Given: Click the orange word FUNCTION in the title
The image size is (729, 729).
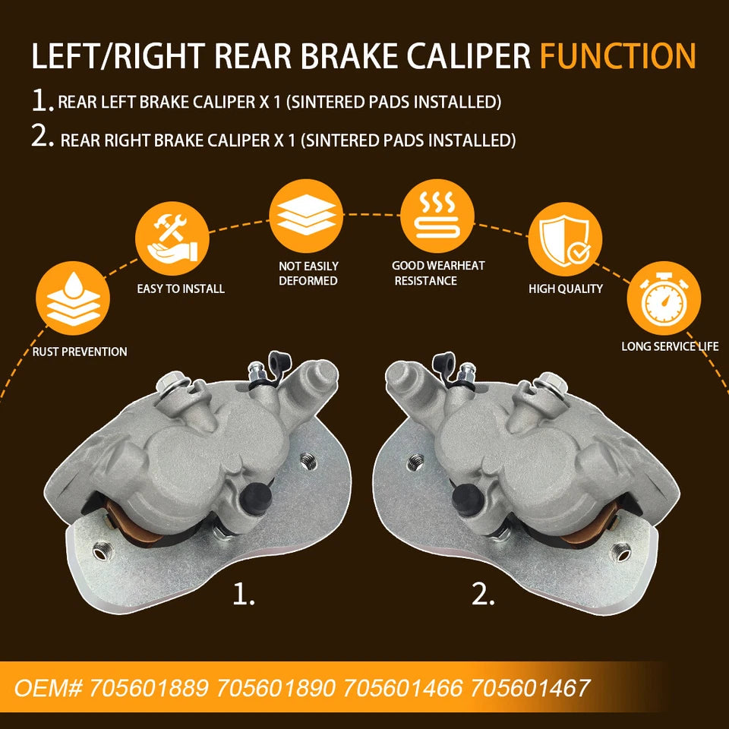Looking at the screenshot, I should pos(617,57).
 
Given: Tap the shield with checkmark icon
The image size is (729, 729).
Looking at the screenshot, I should pos(565,238).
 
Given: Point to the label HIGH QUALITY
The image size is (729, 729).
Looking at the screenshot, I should pos(565,289).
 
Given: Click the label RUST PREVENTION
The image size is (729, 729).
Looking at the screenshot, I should pos(80,352).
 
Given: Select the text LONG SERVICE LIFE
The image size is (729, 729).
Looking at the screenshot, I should pos(669,346).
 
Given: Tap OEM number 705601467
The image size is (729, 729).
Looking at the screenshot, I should pos(530,688).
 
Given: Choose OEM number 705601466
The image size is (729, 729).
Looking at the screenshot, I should pos(404,688).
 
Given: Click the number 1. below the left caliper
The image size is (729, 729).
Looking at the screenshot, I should pos(244,594).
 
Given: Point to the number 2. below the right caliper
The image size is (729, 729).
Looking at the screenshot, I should pos(484,594).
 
